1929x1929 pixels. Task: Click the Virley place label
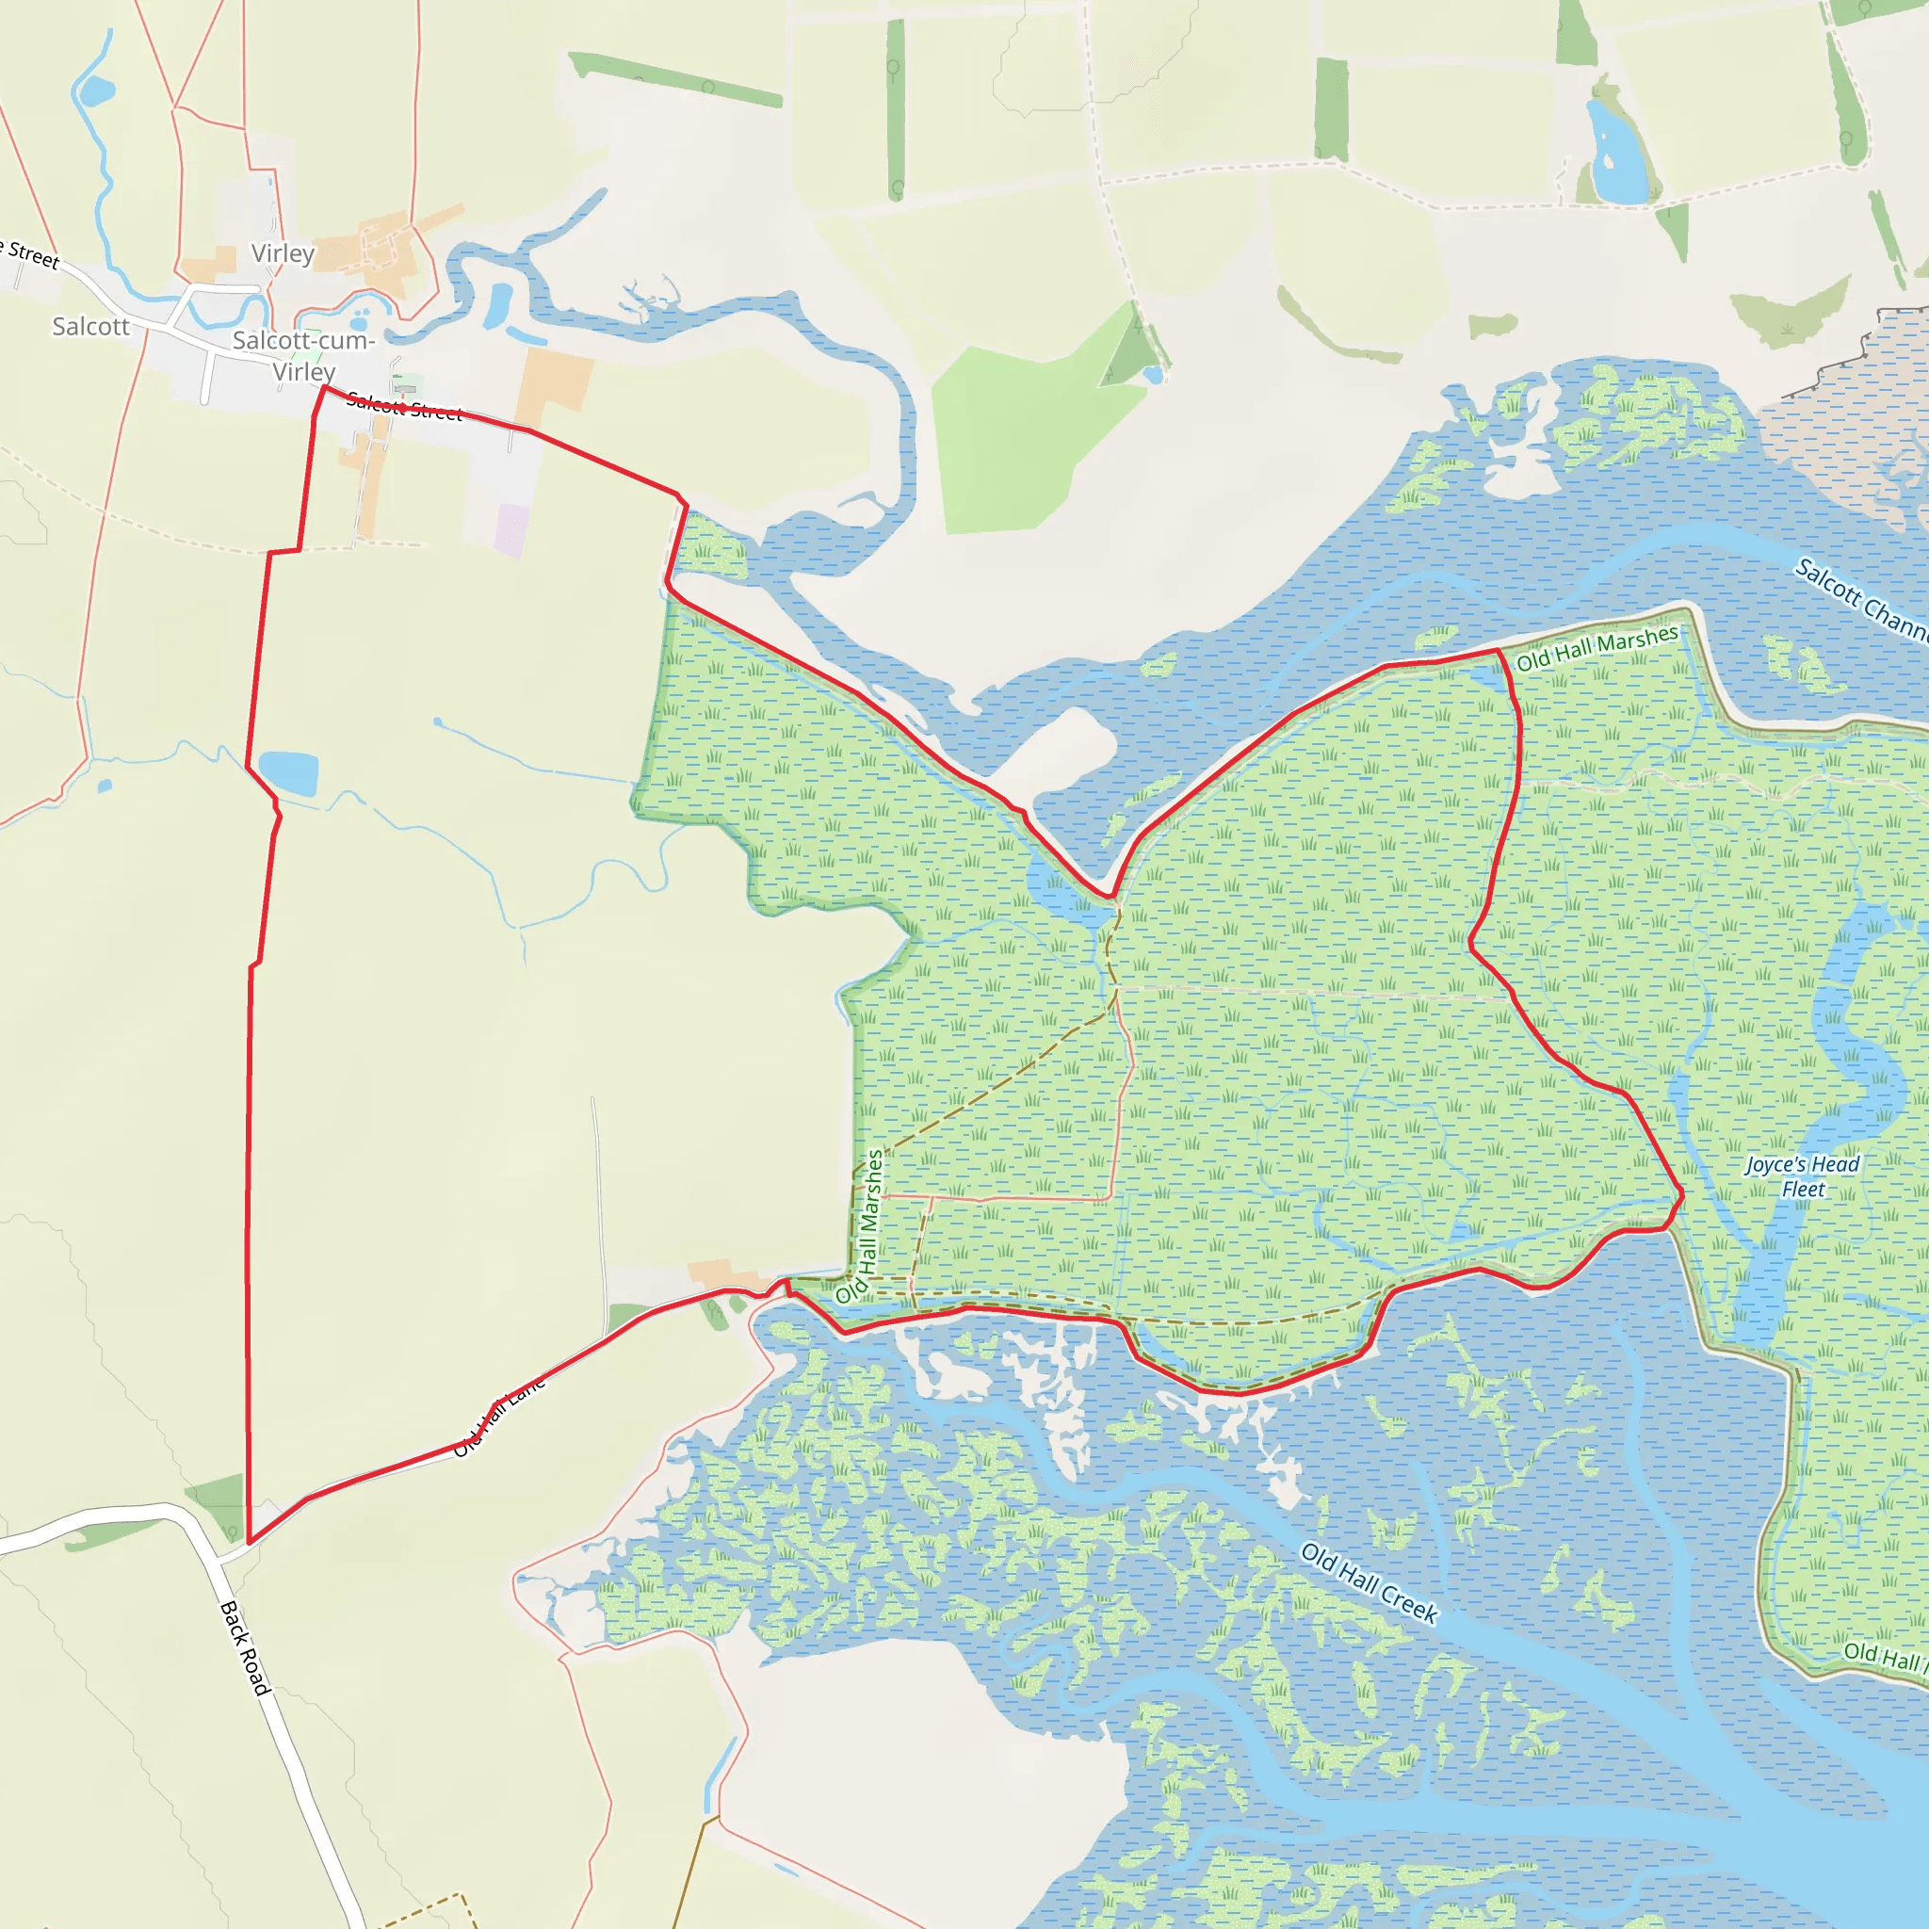click(283, 253)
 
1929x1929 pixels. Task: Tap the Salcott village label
click(90, 327)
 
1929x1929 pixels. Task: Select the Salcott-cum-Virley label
click(303, 355)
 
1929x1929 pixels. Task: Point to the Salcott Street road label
click(404, 407)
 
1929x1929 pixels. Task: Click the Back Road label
click(245, 1647)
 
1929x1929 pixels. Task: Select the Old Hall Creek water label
click(1369, 1582)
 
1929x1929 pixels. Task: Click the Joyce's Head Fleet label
click(1802, 1176)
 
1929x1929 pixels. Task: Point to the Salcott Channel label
click(1862, 600)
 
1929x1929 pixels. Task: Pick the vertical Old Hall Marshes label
click(861, 1227)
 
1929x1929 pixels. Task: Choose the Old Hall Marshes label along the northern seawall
click(1597, 647)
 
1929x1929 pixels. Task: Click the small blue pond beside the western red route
click(288, 772)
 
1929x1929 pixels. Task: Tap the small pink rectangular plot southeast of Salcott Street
click(512, 530)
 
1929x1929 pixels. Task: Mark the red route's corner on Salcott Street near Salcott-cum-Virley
click(323, 387)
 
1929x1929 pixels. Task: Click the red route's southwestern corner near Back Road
click(249, 1543)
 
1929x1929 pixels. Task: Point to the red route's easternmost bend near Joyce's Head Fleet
click(1682, 1193)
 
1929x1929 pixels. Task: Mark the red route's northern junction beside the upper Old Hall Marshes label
click(1499, 651)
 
